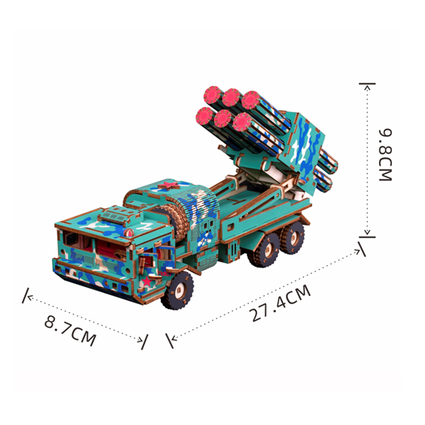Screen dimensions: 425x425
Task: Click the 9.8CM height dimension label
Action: click(385, 155)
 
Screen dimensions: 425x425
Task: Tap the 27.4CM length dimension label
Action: click(280, 303)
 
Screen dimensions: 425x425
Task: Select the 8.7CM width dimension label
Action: click(70, 330)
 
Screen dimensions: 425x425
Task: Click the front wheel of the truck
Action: click(178, 290)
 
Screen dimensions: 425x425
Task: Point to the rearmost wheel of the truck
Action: click(292, 237)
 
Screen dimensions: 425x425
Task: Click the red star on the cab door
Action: click(147, 282)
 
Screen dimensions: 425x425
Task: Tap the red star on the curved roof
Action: click(169, 185)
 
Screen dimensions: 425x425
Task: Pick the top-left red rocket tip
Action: click(213, 95)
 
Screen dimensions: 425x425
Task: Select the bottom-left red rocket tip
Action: click(204, 116)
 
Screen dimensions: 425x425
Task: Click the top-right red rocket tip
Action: click(251, 100)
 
